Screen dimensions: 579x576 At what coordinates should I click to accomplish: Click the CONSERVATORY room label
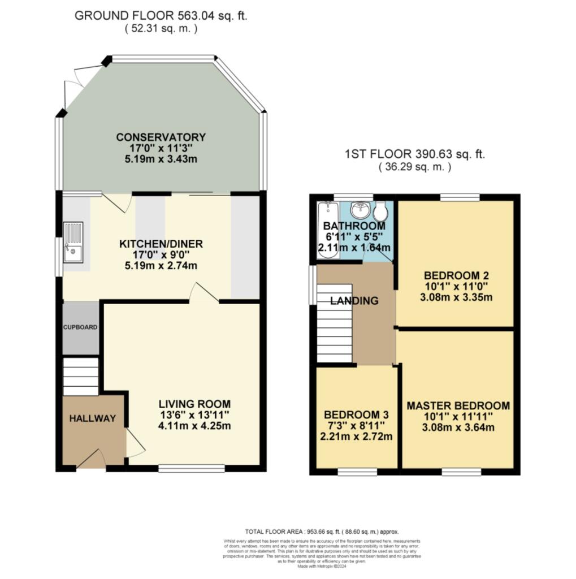coord(161,137)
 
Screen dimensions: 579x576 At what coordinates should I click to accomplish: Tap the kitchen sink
coord(73,241)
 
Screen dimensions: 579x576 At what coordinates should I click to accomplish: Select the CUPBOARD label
coord(80,327)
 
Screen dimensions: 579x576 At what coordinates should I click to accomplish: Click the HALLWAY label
coord(92,418)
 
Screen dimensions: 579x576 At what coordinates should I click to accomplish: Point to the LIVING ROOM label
coord(194,404)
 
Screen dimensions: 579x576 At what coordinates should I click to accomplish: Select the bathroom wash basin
coord(360,211)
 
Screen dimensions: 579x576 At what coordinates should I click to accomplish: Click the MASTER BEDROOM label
coord(458,406)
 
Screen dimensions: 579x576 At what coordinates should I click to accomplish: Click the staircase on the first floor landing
coord(334,322)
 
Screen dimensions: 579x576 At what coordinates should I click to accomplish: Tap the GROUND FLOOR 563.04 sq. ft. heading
coord(161,16)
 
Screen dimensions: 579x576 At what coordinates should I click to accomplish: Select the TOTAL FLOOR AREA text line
coord(322,532)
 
